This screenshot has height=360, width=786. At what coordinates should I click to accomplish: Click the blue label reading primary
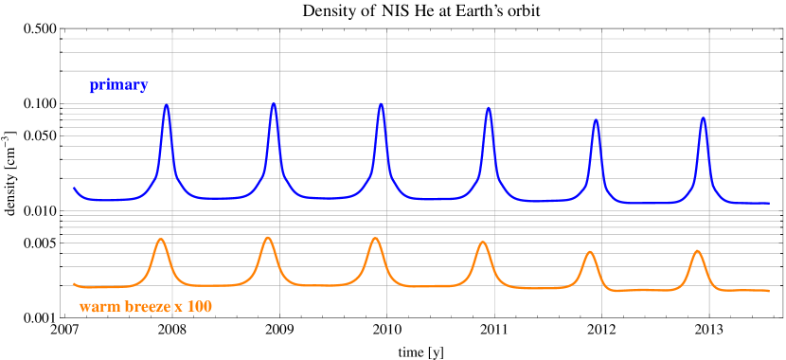coord(118,85)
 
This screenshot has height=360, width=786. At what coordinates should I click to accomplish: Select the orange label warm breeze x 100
coord(145,307)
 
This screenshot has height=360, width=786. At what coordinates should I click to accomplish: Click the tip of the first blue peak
coord(167,104)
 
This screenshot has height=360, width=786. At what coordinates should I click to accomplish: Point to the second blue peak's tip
coord(274,103)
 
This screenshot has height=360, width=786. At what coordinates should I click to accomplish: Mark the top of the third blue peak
coord(381,103)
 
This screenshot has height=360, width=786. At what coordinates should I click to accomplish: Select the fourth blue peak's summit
coord(489,107)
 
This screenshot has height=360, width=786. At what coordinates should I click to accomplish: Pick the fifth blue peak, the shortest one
coord(596,120)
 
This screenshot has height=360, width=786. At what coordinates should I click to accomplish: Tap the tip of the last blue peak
coord(703,117)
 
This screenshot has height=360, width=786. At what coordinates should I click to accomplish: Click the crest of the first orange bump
coord(161,239)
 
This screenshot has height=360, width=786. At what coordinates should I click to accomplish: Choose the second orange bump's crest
coord(268,237)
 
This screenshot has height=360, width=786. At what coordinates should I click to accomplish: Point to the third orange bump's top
coord(376,238)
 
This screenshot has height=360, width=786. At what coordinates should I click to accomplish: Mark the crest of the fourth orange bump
coord(483,242)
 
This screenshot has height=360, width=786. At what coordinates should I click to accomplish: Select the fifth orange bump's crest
coord(590,251)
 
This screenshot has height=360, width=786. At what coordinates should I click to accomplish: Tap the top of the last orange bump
coord(698,250)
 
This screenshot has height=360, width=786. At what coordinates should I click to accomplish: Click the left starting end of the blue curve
coord(74,188)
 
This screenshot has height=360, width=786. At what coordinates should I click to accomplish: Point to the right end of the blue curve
coord(769,203)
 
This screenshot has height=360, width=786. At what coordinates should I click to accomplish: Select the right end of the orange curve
coord(769,291)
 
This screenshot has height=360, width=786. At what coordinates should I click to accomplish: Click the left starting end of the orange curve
coord(74,283)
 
